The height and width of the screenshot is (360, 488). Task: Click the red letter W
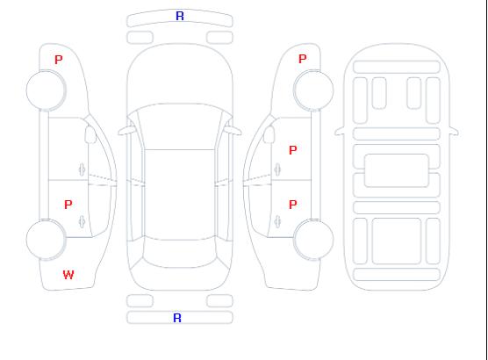pyautogui.click(x=68, y=275)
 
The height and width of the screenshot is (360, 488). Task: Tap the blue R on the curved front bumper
pyautogui.click(x=180, y=16)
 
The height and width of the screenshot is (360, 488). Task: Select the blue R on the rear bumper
pyautogui.click(x=177, y=318)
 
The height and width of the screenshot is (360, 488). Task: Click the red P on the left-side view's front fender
pyautogui.click(x=59, y=60)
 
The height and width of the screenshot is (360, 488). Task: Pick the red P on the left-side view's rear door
pyautogui.click(x=68, y=205)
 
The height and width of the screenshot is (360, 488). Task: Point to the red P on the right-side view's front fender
pyautogui.click(x=303, y=59)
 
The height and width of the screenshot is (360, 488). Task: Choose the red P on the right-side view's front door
pyautogui.click(x=293, y=150)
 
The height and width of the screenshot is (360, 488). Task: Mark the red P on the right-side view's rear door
pyautogui.click(x=293, y=205)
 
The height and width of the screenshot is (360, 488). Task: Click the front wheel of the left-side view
pyautogui.click(x=46, y=90)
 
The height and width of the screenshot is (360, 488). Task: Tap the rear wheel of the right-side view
pyautogui.click(x=313, y=240)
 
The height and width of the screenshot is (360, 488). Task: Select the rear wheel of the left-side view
pyautogui.click(x=46, y=240)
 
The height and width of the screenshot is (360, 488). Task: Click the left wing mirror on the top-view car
pyautogui.click(x=126, y=131)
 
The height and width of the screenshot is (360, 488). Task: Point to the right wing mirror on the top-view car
pyautogui.click(x=233, y=131)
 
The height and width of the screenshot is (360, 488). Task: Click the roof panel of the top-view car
pyautogui.click(x=180, y=195)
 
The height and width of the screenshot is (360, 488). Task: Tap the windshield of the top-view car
pyautogui.click(x=180, y=126)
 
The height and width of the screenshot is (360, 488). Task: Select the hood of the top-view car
pyautogui.click(x=180, y=75)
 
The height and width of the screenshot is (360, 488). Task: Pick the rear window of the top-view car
pyautogui.click(x=180, y=253)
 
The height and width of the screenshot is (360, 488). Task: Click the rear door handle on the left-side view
pyautogui.click(x=82, y=221)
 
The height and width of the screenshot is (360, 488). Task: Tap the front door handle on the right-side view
pyautogui.click(x=277, y=169)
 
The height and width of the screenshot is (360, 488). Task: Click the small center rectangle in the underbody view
pyautogui.click(x=396, y=170)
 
